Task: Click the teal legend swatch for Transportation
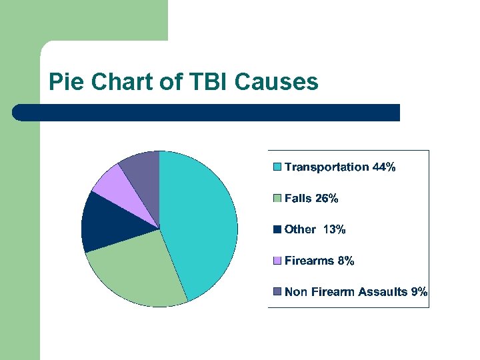tap(277, 167)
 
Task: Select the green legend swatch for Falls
tap(277, 199)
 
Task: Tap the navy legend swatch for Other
tap(277, 229)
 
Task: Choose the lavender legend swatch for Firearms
tap(277, 261)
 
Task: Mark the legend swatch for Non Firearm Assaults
tap(277, 292)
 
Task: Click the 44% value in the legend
tap(384, 167)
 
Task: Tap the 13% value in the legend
tap(334, 229)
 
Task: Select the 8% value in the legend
tap(345, 261)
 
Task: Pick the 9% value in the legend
tap(419, 292)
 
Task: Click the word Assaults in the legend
tap(383, 292)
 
